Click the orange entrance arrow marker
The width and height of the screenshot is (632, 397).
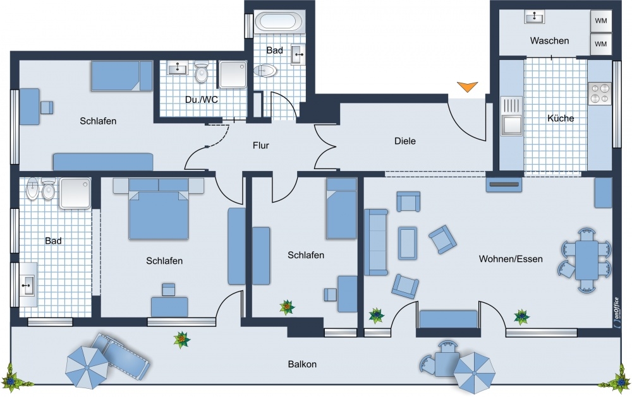468,86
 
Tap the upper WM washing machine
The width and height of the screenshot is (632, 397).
600,20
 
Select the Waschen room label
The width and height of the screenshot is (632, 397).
549,40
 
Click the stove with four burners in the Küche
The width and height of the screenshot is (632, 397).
599,93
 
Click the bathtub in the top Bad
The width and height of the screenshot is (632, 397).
280,22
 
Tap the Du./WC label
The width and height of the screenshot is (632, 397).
202,100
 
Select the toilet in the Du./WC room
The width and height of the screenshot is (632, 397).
201,71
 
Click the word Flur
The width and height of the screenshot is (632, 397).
261,145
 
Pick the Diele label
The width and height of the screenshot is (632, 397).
405,141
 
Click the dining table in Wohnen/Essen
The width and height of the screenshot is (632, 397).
586,260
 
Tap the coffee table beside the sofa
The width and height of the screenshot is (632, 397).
408,243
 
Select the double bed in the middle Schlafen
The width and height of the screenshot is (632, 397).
159,209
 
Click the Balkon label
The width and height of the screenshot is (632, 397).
302,364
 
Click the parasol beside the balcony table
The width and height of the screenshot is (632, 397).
475,372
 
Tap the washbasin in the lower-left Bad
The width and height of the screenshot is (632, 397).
27,284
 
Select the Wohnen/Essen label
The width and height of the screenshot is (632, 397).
511,259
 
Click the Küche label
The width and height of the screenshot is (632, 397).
561,119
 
